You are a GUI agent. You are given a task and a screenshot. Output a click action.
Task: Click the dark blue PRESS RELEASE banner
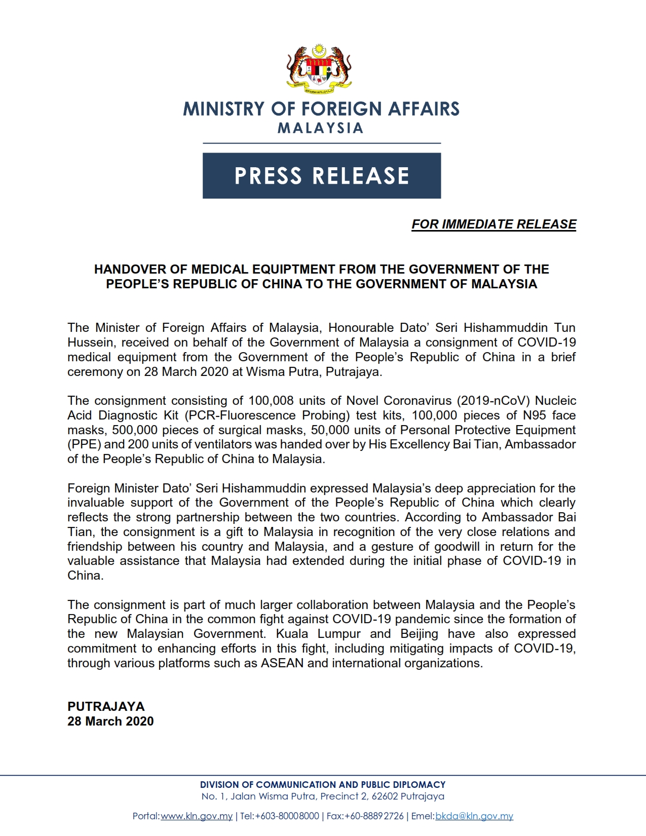click(x=322, y=175)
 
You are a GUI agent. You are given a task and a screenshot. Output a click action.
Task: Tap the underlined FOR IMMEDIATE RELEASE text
click(x=493, y=224)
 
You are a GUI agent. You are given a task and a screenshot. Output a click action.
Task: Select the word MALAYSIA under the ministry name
click(x=320, y=128)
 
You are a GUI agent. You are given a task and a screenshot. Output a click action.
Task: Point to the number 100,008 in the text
click(x=271, y=401)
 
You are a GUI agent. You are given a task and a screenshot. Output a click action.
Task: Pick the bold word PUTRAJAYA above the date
click(x=106, y=706)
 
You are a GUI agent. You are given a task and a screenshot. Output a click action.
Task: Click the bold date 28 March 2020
click(x=110, y=721)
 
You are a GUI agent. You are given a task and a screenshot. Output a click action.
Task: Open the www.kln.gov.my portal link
click(x=197, y=816)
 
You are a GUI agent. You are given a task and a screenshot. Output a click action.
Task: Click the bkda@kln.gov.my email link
click(x=474, y=816)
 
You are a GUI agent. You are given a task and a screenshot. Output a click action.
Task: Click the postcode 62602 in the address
click(x=385, y=796)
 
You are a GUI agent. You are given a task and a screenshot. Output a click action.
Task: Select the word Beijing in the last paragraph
click(x=419, y=634)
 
